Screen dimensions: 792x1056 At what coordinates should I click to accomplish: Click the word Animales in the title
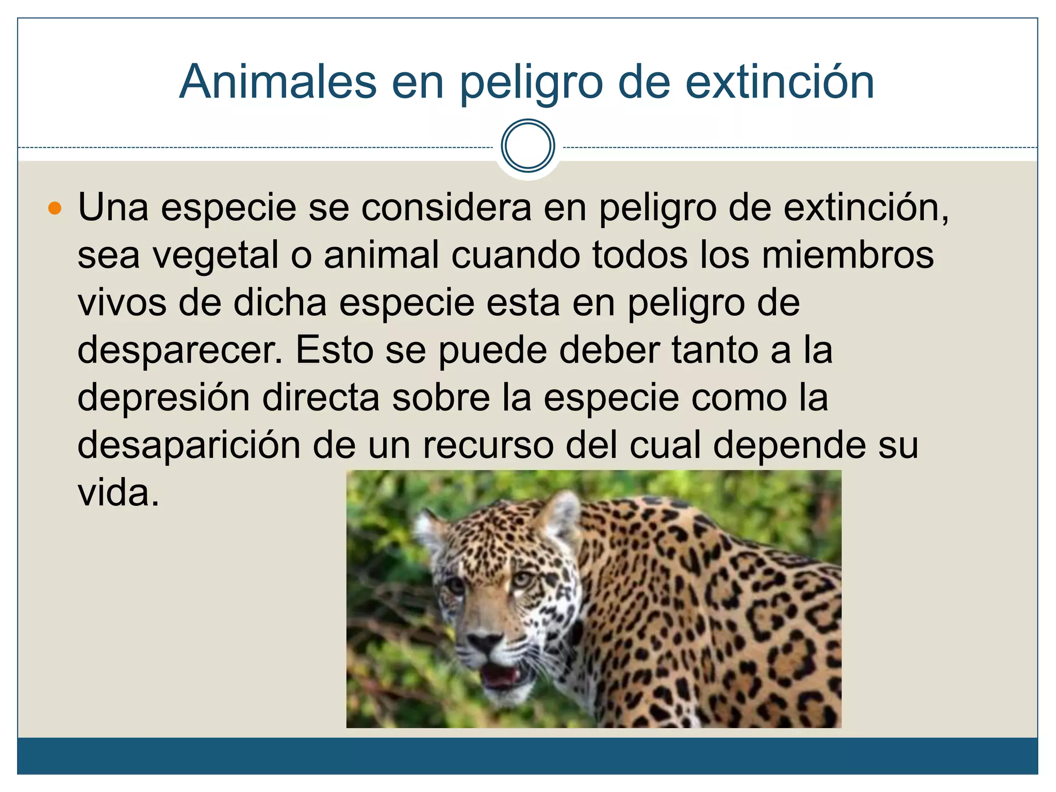[278, 82]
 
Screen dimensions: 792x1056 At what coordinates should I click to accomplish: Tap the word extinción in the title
[779, 82]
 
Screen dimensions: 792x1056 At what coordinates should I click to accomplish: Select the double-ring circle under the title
[527, 146]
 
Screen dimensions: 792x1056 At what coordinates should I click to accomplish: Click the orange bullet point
[55, 209]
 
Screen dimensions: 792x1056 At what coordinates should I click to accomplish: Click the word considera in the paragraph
[446, 208]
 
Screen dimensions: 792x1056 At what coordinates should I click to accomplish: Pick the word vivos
[122, 303]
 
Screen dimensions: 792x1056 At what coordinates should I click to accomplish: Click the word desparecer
[180, 351]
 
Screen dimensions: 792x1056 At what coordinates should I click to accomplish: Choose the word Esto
[335, 350]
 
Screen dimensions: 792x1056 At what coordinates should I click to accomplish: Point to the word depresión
[163, 399]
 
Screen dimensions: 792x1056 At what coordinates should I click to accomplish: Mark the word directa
[321, 398]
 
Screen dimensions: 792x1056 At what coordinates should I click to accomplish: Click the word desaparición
[189, 445]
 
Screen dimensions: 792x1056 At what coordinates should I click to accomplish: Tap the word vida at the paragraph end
[118, 493]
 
